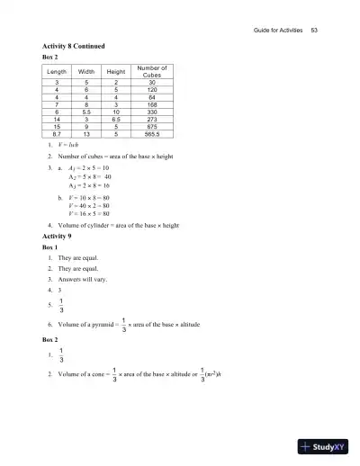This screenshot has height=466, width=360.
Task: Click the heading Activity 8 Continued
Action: (76, 46)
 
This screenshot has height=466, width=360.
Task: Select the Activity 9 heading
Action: (60, 235)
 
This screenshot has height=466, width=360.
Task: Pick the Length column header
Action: (57, 72)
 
